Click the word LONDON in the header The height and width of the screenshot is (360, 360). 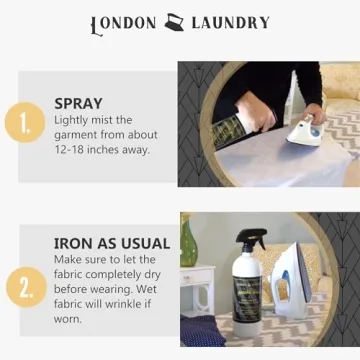click(123, 23)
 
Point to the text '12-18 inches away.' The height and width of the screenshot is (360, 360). click(101, 149)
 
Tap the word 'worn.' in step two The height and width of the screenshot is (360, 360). click(70, 320)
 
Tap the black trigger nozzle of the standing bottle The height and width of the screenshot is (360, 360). click(249, 240)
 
